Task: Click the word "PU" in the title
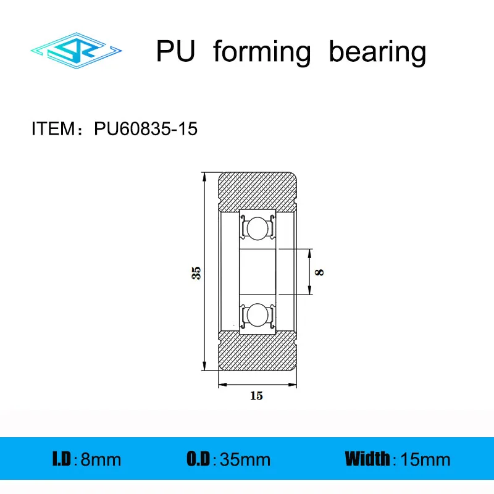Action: (176, 52)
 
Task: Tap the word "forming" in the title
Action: (262, 53)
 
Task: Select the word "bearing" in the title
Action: (377, 53)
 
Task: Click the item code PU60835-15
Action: (146, 129)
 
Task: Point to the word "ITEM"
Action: (52, 129)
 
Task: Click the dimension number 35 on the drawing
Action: (196, 272)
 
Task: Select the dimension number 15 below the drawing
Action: (256, 396)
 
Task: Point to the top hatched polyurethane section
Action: (258, 188)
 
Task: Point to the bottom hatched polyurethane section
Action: (258, 355)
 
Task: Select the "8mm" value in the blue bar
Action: (101, 459)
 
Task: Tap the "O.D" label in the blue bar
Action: (198, 459)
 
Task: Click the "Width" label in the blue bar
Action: (368, 459)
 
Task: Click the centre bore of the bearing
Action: (256, 272)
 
